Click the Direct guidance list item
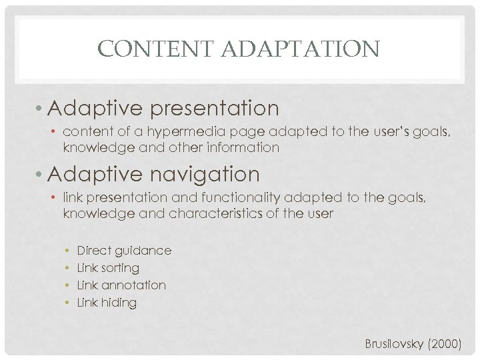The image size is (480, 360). (124, 251)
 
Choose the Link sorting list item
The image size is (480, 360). (108, 268)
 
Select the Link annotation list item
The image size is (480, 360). (121, 285)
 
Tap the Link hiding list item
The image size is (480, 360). (107, 303)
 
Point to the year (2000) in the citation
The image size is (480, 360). (445, 344)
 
